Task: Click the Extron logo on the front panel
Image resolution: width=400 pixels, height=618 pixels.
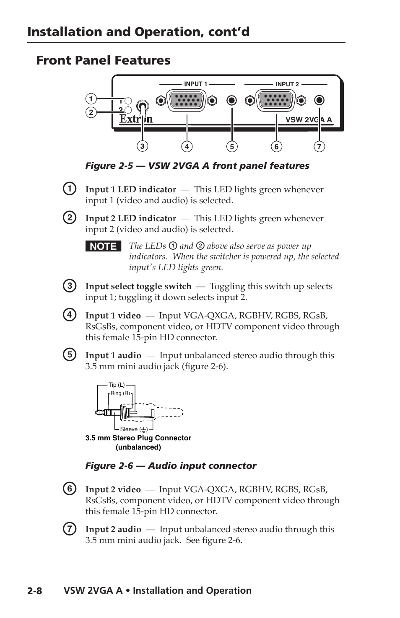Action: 136,119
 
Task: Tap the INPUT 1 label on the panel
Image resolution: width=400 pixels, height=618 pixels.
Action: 195,84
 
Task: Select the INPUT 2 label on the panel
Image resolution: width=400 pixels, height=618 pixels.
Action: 287,84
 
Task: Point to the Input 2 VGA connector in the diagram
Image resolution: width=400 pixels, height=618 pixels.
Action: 276,101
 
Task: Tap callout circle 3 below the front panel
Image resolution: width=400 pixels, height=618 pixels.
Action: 142,146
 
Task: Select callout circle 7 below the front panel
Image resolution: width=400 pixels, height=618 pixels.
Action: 319,146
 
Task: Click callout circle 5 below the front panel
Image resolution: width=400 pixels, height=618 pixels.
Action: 231,146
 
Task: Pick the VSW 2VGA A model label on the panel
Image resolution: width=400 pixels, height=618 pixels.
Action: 308,120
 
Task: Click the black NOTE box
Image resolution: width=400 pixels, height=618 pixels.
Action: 103,246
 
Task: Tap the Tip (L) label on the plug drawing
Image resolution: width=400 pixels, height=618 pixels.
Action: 117,385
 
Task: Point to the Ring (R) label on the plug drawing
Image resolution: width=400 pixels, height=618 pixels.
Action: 120,393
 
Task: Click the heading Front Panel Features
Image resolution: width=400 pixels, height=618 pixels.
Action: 103,60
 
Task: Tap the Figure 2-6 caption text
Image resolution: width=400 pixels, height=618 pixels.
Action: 171,465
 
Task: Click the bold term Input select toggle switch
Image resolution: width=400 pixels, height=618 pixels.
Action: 138,286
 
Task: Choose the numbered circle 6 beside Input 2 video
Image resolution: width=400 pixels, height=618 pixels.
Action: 70,489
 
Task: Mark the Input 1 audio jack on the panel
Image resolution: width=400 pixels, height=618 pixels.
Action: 231,101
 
